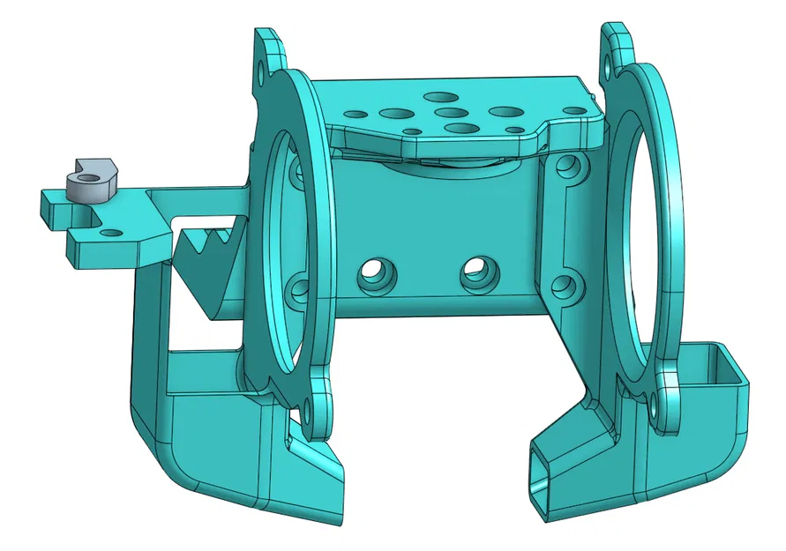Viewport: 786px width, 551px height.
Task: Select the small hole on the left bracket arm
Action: pos(111,233)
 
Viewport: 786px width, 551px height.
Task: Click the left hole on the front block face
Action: pos(373,274)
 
